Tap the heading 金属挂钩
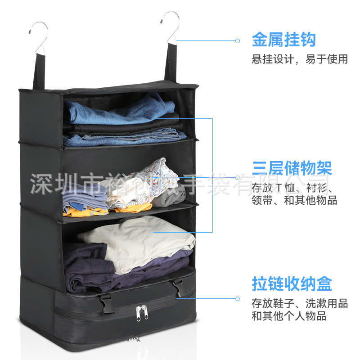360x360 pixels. [x=283, y=40]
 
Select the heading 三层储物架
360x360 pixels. [x=292, y=168]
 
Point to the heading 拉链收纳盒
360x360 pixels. [x=292, y=284]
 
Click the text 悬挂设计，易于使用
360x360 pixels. [x=299, y=59]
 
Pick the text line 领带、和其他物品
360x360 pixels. [x=294, y=200]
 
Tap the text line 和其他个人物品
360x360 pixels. [x=288, y=316]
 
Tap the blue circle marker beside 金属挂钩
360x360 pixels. [x=238, y=41]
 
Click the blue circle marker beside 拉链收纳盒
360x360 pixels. [x=238, y=298]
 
